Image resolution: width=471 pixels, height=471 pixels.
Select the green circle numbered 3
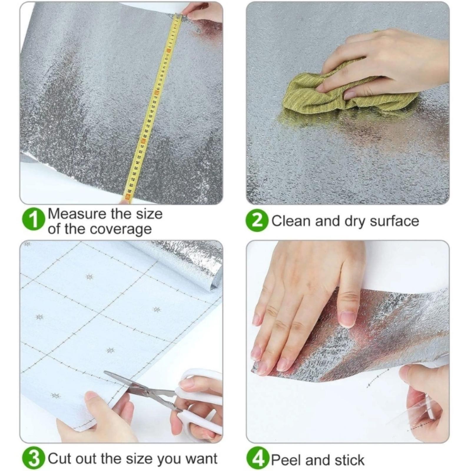[34, 459]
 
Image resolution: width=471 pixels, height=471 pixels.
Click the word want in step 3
[201, 459]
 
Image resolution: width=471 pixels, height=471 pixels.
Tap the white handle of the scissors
[200, 406]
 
